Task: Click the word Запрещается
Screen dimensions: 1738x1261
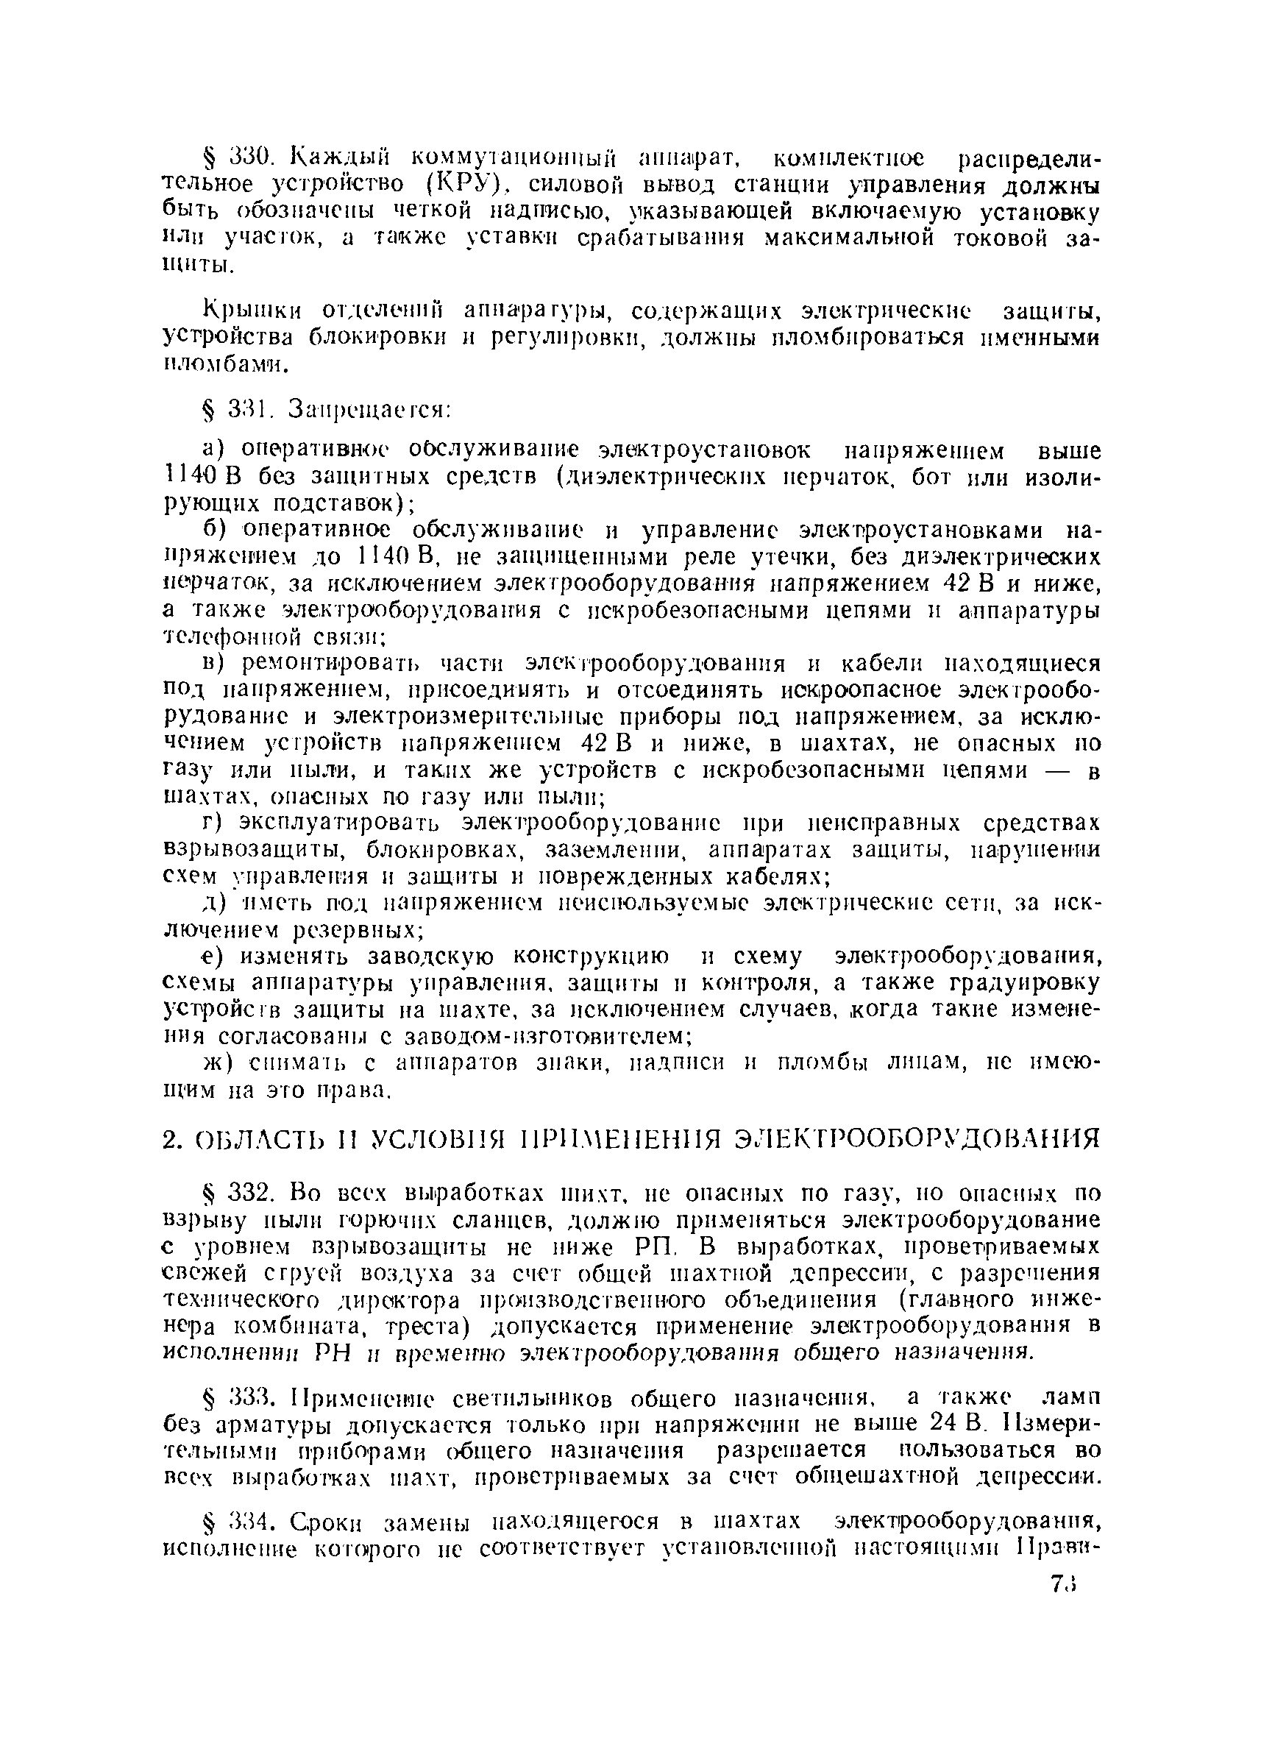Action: [368, 411]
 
